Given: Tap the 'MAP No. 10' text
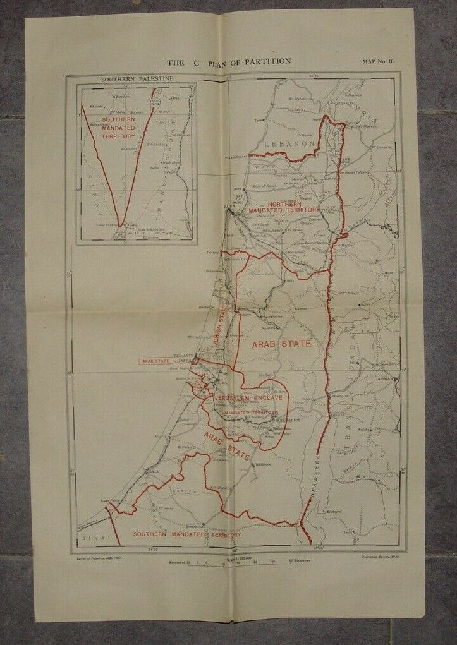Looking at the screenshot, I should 379,62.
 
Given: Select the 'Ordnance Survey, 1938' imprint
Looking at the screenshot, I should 375,557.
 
